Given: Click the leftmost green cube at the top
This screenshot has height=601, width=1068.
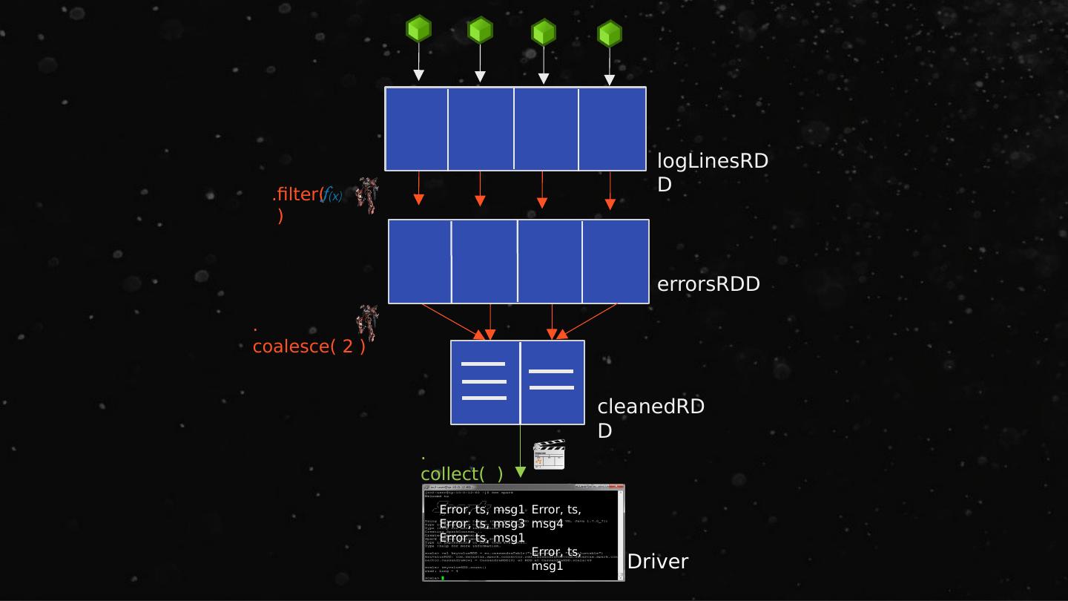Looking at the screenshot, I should (418, 30).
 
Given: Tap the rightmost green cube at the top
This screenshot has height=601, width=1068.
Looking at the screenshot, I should (610, 34).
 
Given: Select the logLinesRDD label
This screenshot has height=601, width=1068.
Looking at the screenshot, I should (712, 172).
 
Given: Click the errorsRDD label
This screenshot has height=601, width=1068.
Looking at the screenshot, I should (708, 284).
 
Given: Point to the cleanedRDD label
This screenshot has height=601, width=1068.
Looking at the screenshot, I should (650, 418).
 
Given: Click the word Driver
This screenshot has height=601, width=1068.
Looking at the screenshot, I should (658, 562).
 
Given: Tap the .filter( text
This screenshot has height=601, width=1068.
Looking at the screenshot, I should (297, 195).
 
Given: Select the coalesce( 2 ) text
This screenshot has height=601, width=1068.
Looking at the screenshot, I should (309, 347).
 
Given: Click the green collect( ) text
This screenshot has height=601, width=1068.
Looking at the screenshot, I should (461, 473).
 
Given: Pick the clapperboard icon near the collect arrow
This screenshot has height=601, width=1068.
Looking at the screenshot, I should (549, 455).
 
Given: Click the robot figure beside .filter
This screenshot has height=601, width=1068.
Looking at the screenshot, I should (366, 195).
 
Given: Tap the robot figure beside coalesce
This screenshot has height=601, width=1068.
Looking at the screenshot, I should (366, 322).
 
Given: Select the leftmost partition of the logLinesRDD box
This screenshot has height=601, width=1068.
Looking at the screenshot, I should (416, 129).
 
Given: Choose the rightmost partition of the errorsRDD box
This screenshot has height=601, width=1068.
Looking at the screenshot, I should (616, 261).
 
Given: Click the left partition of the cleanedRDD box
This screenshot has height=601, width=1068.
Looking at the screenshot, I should (485, 382).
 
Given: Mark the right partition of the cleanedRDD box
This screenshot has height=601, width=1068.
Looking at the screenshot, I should (553, 382).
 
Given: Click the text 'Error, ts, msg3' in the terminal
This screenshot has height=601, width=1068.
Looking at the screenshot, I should (482, 524).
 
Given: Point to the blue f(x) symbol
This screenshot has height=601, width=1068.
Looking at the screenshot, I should (332, 195).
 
